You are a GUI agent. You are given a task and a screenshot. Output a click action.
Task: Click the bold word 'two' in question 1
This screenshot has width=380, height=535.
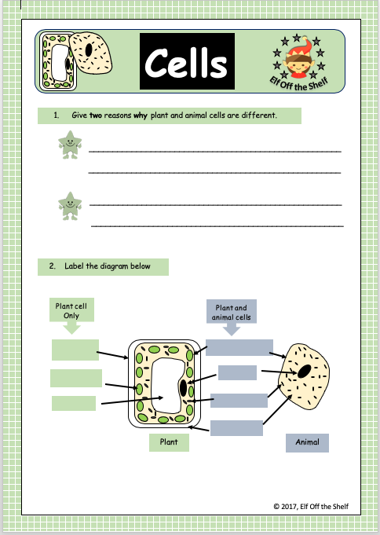point(96,115)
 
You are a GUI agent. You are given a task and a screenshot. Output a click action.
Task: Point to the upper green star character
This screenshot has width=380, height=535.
point(69,145)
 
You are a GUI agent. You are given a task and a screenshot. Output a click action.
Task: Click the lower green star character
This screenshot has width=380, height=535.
point(69,205)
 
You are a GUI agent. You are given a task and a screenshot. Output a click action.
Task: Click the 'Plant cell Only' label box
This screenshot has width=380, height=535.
point(71,310)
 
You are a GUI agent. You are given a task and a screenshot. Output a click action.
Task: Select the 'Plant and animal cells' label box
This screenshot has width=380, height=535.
point(232,312)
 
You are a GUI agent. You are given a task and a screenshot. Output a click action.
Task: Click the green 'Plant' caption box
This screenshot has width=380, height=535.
point(169,442)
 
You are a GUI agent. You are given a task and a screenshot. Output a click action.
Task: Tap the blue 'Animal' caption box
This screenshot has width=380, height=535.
point(307,442)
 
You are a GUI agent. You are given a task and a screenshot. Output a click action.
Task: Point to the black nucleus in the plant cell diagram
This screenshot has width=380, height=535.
point(184,387)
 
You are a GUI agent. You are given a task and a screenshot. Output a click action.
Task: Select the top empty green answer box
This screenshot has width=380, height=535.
point(75,350)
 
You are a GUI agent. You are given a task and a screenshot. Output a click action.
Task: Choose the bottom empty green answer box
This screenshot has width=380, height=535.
point(74,403)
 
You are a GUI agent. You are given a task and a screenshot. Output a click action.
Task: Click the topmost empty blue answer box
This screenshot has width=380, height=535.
point(239,347)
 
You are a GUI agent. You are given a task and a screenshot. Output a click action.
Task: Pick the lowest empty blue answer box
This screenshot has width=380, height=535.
point(236,427)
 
